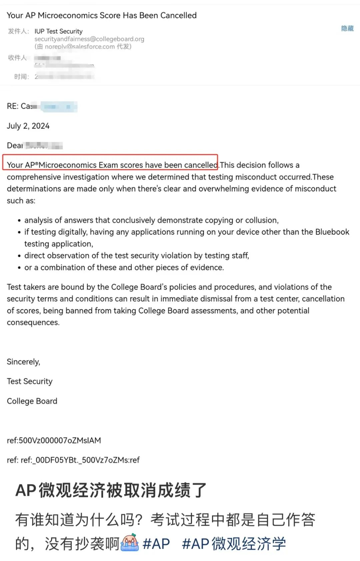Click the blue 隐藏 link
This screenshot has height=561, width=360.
[x=347, y=28]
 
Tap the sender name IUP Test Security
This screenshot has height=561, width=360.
[x=58, y=31]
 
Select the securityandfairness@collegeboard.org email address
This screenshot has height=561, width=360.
[x=89, y=39]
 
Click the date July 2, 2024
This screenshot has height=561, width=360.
[x=28, y=126]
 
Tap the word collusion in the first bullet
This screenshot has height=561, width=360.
[x=261, y=220]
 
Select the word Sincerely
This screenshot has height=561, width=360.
[x=23, y=362]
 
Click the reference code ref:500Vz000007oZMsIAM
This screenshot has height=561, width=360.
[x=54, y=440]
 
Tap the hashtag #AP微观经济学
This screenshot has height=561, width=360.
[x=234, y=544]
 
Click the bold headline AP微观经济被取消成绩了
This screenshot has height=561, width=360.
[x=111, y=490]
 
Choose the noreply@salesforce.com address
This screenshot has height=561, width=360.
[x=80, y=47]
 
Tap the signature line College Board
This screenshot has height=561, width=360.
[x=32, y=401]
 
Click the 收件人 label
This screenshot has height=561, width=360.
[x=17, y=58]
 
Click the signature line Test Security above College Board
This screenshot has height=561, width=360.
[x=30, y=381]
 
